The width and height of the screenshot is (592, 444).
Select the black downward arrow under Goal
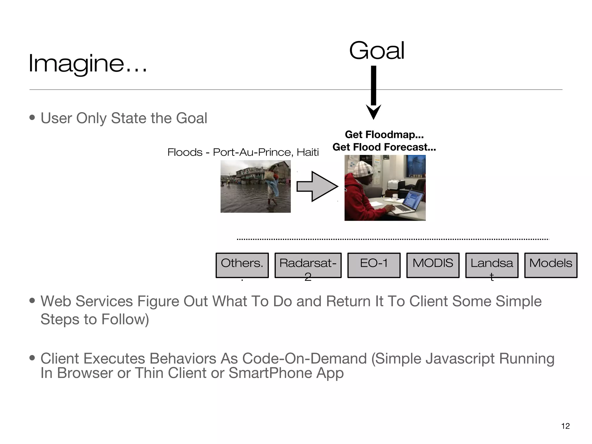373,92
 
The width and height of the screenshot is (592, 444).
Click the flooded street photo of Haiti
256,186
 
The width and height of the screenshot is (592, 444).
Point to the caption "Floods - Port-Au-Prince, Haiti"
243,152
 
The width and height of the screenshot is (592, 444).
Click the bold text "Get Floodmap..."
384,135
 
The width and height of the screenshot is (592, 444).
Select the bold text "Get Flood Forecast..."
384,147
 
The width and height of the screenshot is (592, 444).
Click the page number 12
565,426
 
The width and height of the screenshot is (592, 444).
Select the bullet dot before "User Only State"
32,118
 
